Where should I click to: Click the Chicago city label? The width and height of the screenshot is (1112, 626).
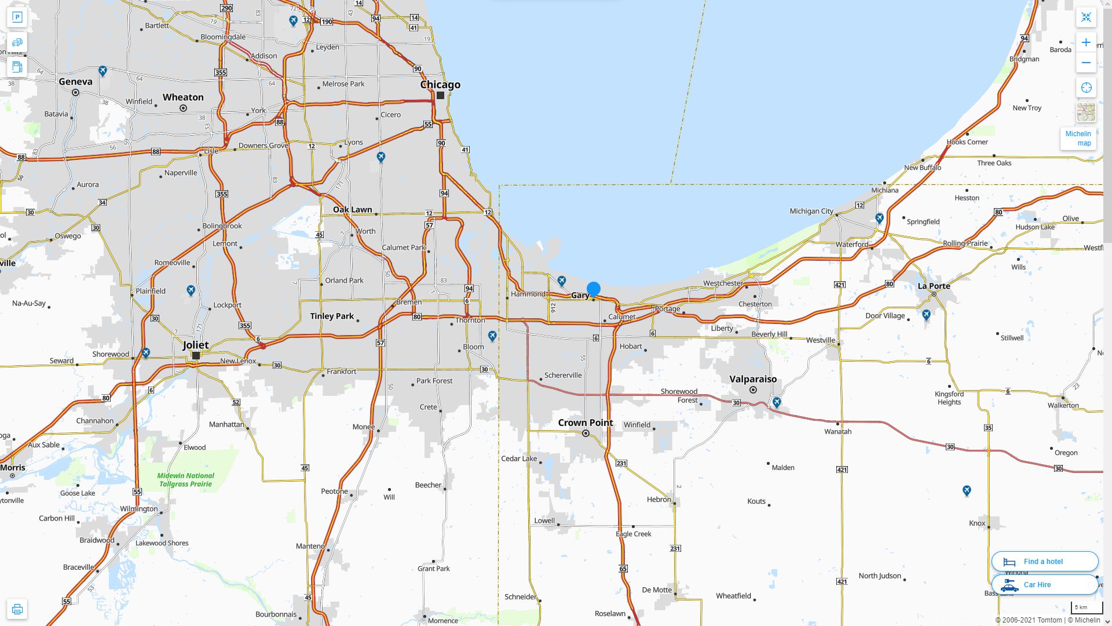coord(440,85)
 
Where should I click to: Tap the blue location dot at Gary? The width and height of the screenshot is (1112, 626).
coord(593,289)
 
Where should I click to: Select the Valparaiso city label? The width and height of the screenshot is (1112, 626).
coord(753,379)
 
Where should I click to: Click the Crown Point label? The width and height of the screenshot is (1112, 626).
coord(585,423)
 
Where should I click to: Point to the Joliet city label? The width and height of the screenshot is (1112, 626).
coord(196,345)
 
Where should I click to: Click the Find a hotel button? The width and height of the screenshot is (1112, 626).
coord(1044,561)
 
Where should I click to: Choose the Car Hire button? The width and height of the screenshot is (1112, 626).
coord(1044,584)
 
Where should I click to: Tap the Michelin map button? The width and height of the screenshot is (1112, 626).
coord(1078,138)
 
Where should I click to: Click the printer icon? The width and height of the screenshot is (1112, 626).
coord(17,609)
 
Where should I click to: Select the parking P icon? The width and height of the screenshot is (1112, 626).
coord(17,17)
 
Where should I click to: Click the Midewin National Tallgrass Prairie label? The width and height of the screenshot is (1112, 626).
coord(185,479)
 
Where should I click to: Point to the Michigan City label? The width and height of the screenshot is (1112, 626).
coord(811,211)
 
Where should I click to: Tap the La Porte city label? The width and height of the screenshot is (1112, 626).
coord(934,286)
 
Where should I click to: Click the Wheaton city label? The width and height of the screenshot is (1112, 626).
coord(183,97)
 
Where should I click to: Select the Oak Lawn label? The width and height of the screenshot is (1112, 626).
coord(352,209)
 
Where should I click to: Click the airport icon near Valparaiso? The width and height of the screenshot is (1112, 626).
coord(777,402)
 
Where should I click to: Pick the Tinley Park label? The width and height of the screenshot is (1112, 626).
coord(332,316)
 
